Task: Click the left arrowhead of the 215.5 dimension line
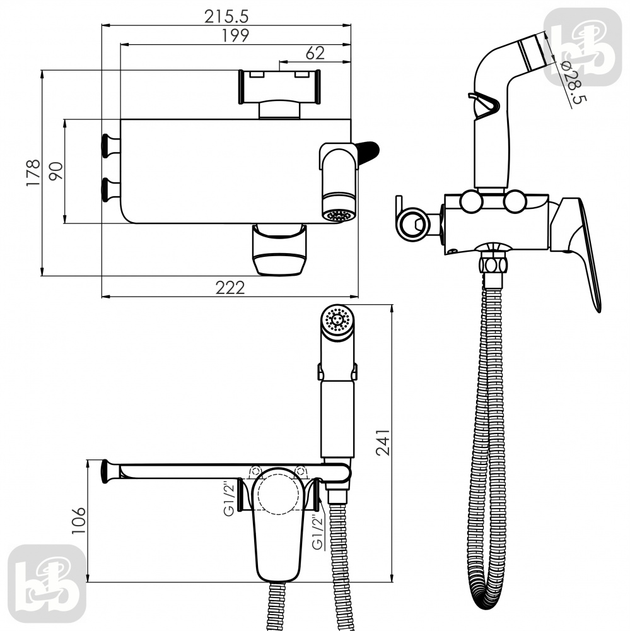pyautogui.click(x=105, y=25)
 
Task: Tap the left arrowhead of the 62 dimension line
pyautogui.click(x=283, y=62)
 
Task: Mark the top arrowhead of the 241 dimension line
pyautogui.click(x=392, y=309)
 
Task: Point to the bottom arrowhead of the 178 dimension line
pyautogui.click(x=42, y=271)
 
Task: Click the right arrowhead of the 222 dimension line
pyautogui.click(x=354, y=297)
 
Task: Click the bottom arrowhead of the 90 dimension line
pyautogui.click(x=65, y=219)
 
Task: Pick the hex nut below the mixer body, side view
pyautogui.click(x=492, y=265)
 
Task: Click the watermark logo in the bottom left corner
pyautogui.click(x=47, y=584)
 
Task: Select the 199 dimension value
pyautogui.click(x=236, y=35)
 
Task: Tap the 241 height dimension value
pyautogui.click(x=383, y=442)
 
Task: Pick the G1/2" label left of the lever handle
pyautogui.click(x=229, y=499)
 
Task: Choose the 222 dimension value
pyautogui.click(x=230, y=288)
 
